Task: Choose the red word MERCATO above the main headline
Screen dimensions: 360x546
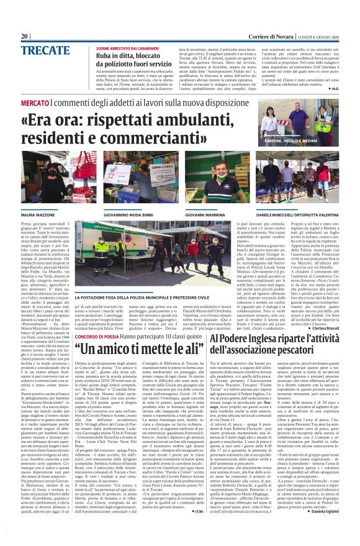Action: pos(35,102)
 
